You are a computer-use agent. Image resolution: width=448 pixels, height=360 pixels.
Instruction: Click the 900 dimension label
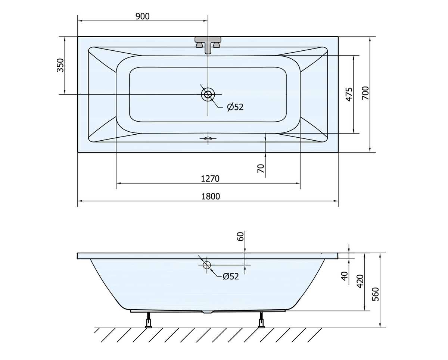tap(142, 16)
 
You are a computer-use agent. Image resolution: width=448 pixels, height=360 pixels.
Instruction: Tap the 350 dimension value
tap(60, 65)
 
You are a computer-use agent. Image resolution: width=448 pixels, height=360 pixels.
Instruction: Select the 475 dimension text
tap(349, 94)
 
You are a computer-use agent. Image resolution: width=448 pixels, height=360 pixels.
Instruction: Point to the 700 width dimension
tap(365, 93)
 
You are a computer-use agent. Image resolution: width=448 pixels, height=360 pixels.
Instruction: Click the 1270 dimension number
tap(210, 179)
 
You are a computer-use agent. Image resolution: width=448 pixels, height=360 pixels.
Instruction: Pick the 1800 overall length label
tap(211, 196)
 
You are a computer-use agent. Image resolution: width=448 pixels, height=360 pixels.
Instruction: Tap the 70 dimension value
tap(261, 168)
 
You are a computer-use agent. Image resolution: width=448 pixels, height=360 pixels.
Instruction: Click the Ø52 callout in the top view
tap(235, 107)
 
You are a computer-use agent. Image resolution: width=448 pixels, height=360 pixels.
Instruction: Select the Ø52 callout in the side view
tap(231, 276)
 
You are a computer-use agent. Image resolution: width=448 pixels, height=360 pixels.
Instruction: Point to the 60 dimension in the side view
tap(240, 237)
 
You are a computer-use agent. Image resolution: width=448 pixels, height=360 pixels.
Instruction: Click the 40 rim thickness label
tap(345, 276)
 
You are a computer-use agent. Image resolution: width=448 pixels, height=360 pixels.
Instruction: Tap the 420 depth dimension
tap(360, 281)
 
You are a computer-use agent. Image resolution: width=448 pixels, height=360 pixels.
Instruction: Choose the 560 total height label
tap(376, 294)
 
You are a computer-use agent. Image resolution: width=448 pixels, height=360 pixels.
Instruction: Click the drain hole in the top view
tap(208, 94)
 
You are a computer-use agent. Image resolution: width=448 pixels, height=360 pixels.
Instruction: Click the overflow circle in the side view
tap(207, 265)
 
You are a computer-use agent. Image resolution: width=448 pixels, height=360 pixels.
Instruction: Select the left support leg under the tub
tap(149, 320)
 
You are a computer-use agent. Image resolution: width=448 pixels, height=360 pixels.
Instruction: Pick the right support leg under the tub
tap(261, 320)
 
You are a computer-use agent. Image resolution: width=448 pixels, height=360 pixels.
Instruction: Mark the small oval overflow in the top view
tap(208, 138)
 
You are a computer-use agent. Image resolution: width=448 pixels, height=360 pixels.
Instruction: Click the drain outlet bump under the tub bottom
tap(208, 312)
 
